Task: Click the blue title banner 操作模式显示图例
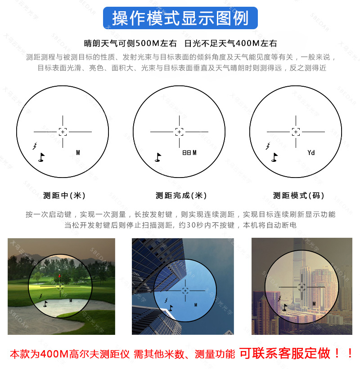click(180, 18)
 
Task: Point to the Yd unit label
click(311, 153)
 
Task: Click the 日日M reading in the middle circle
click(189, 153)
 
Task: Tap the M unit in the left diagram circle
click(78, 153)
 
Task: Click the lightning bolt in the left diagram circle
click(35, 146)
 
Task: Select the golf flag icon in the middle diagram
click(157, 157)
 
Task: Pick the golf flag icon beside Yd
click(274, 157)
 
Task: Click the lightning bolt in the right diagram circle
click(268, 146)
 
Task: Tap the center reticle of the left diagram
click(63, 131)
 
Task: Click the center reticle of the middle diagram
click(179, 131)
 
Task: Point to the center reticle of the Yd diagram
click(296, 131)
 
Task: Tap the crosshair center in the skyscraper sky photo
click(185, 290)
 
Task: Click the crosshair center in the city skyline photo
click(301, 286)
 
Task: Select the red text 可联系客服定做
click(284, 354)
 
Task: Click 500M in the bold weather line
click(145, 44)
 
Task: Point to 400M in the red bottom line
click(54, 354)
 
